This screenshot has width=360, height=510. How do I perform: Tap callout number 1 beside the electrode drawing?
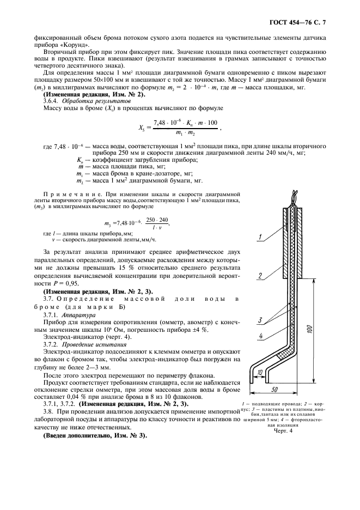click(261, 237)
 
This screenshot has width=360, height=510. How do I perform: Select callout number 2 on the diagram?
click(261, 276)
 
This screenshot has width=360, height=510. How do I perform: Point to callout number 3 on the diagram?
click(261, 320)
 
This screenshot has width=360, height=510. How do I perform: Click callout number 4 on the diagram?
click(261, 336)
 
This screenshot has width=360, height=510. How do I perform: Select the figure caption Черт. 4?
click(283, 430)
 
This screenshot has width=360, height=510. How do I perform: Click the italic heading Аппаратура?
click(74, 315)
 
